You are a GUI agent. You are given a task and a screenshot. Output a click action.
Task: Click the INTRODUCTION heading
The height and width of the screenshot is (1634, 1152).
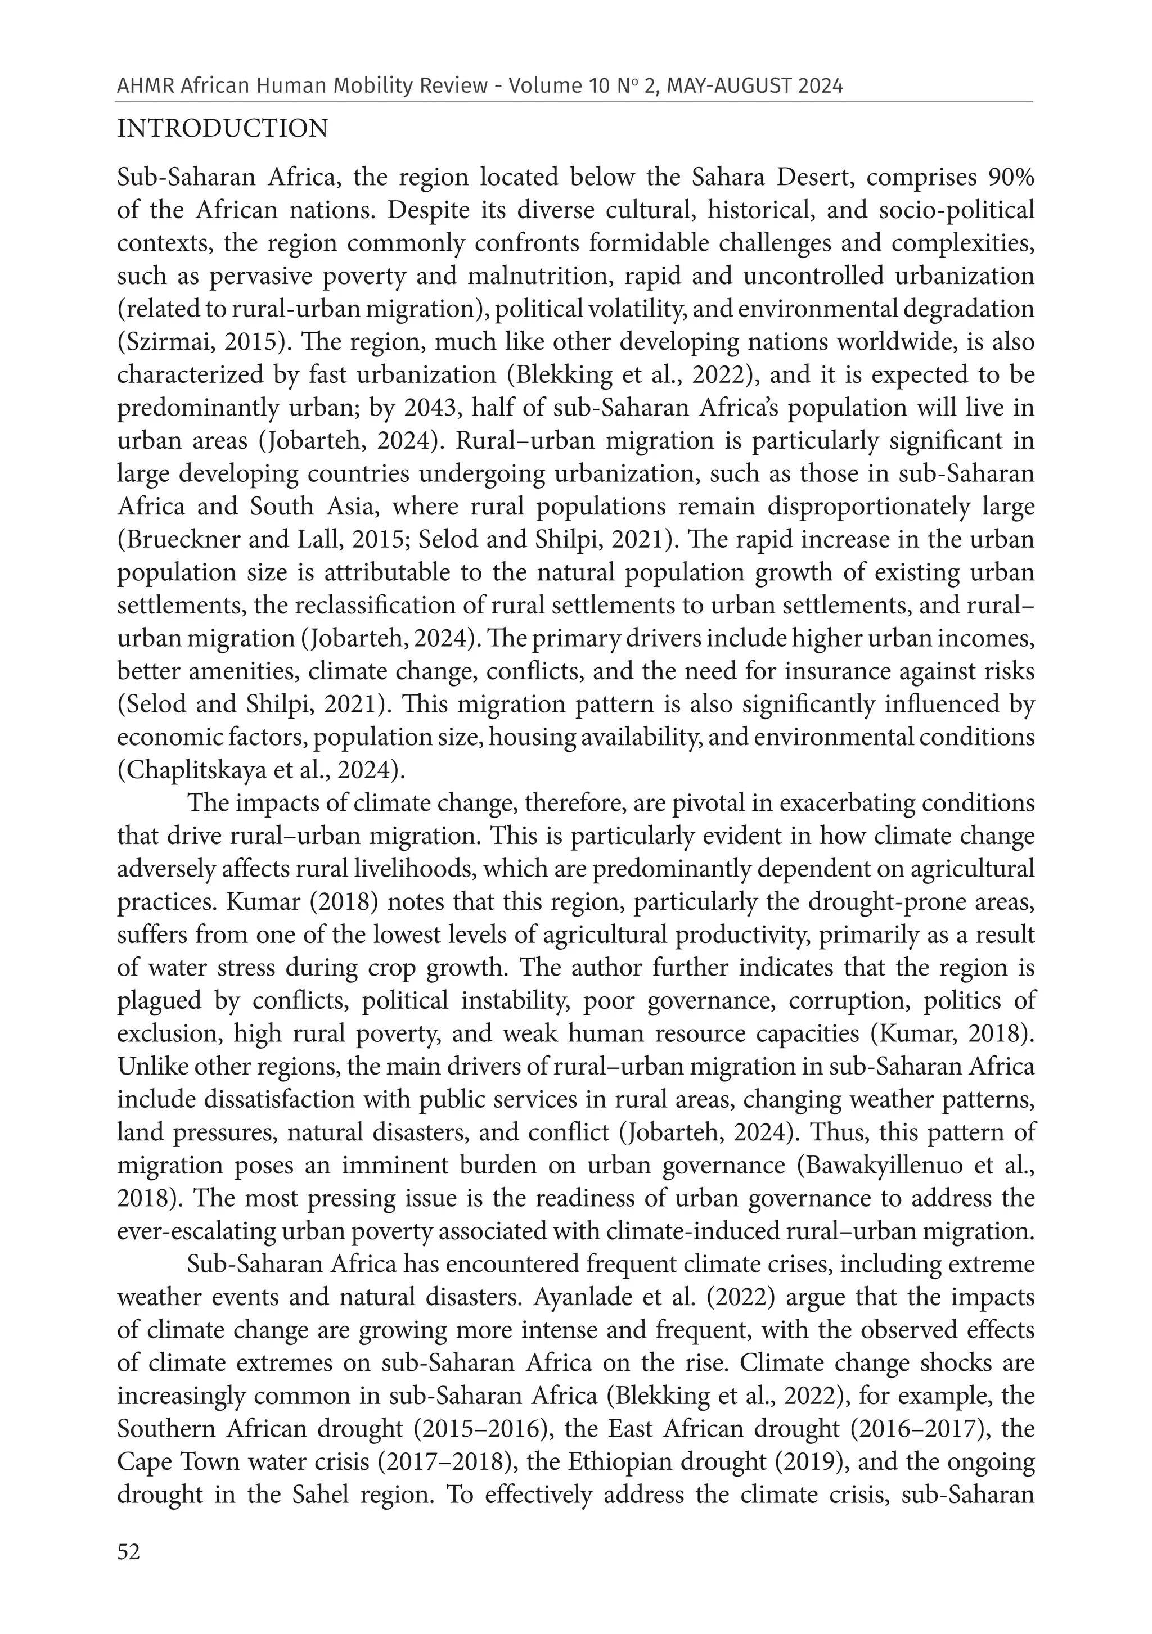coord(222,129)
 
